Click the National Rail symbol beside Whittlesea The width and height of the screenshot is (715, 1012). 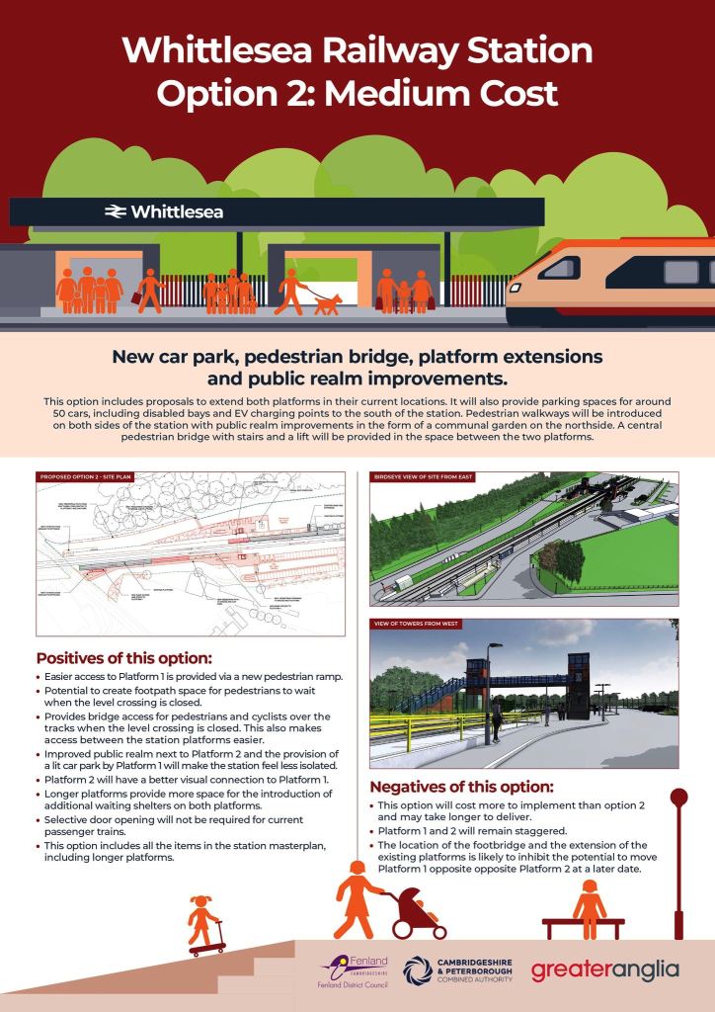point(116,211)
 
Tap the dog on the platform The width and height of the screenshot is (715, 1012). point(328,303)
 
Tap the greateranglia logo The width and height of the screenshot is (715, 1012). point(605,970)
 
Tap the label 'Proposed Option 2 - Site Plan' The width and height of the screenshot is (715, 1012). point(86,477)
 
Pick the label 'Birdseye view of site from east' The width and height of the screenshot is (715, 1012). point(424,477)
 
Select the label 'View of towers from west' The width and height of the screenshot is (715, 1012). point(417,625)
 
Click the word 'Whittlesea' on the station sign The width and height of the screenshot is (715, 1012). point(177,211)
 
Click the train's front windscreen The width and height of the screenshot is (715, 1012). point(559,267)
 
